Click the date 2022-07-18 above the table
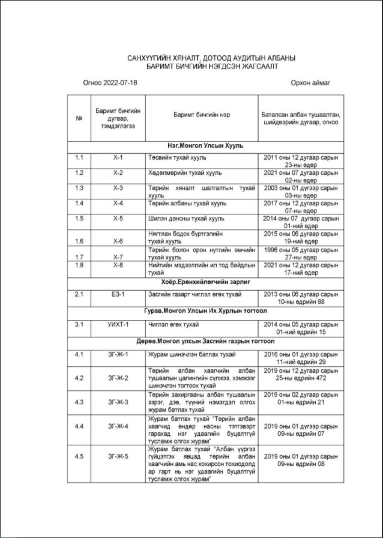point(120,82)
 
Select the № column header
point(79,118)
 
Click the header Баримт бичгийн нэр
point(202,114)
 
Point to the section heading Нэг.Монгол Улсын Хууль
point(205,146)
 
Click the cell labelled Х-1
point(118,157)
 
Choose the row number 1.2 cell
point(79,173)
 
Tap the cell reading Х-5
point(118,219)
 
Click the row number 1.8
point(79,265)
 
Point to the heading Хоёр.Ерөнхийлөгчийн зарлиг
point(205,281)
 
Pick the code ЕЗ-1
point(118,294)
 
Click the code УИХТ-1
point(118,325)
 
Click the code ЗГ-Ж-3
point(118,401)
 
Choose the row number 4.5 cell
point(79,456)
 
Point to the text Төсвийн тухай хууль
point(177,157)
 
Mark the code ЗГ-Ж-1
point(118,355)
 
